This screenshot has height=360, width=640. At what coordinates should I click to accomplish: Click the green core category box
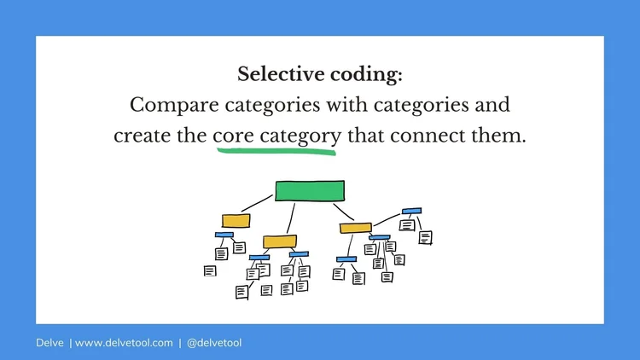pyautogui.click(x=310, y=190)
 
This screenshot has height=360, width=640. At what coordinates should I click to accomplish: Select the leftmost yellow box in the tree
pyautogui.click(x=236, y=220)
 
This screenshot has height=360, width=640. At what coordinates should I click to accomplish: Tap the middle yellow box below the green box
pyautogui.click(x=280, y=241)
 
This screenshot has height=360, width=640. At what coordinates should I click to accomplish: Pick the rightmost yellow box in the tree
pyautogui.click(x=355, y=228)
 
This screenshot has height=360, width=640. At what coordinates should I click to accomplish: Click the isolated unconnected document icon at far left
pyautogui.click(x=210, y=271)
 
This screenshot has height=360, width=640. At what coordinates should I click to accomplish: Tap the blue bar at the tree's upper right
pyautogui.click(x=411, y=211)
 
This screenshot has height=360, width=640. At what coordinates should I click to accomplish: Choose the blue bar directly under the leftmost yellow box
pyautogui.click(x=224, y=235)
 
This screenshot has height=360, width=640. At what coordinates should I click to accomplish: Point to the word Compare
pyautogui.click(x=169, y=106)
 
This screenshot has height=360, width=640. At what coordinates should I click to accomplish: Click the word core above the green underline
pyautogui.click(x=234, y=136)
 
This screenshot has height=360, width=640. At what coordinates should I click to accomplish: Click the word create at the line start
pyautogui.click(x=141, y=136)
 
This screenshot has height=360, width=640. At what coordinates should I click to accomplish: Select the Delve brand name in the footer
pyautogui.click(x=49, y=343)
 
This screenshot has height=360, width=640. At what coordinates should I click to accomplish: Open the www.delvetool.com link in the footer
pyautogui.click(x=124, y=343)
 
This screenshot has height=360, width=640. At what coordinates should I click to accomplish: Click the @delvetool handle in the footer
pyautogui.click(x=214, y=343)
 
